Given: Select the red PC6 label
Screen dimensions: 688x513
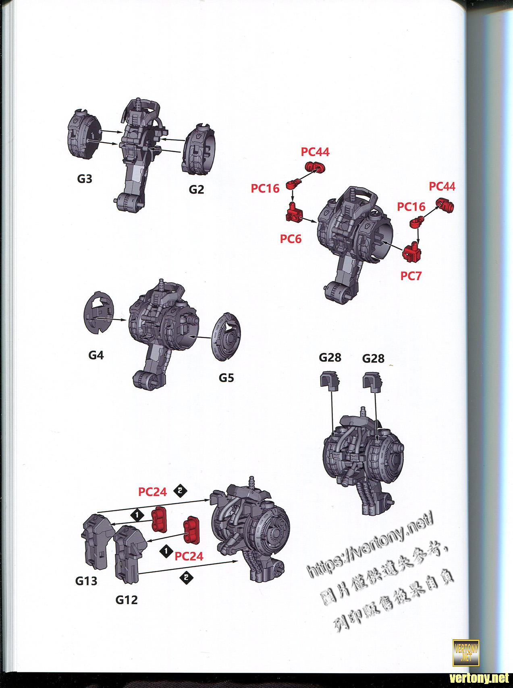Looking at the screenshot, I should (291, 239).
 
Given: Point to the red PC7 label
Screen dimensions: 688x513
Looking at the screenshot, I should (411, 276).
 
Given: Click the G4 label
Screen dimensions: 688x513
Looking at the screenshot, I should (96, 355).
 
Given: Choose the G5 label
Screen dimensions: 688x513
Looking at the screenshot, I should (226, 378).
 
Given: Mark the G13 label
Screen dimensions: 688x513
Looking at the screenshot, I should (86, 581).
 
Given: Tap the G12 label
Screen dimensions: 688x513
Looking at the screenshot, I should (127, 599).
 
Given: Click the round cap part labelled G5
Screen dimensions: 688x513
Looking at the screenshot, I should (227, 337).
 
